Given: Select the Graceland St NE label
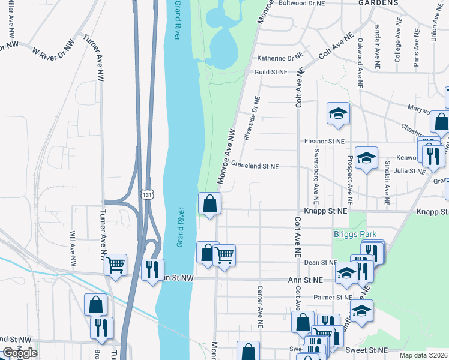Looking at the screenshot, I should click(x=255, y=166).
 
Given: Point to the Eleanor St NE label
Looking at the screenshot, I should click(x=324, y=141).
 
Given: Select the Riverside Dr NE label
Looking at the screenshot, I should click(x=252, y=118).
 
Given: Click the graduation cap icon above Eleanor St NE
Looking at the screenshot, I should click(x=338, y=113).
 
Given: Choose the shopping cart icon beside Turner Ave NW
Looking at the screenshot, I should click(x=115, y=264).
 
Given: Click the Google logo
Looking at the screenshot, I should click(x=19, y=353).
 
